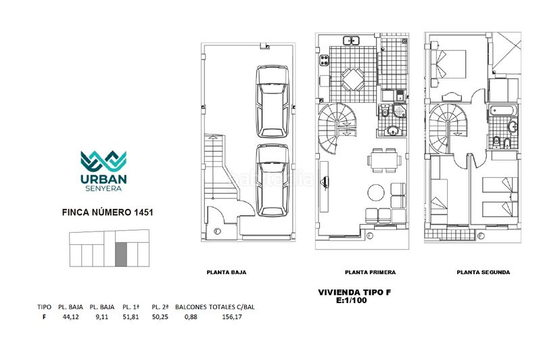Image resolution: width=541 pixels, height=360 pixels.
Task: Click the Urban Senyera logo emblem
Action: [x=103, y=161]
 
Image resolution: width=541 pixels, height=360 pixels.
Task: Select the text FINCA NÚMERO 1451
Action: [x=108, y=212]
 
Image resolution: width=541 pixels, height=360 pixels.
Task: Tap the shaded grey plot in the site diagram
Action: [x=121, y=254]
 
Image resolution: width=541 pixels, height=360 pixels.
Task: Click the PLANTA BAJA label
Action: [x=227, y=272]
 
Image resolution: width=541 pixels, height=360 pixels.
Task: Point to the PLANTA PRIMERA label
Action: [x=370, y=272]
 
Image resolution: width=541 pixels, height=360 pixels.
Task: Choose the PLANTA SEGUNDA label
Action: [x=484, y=272]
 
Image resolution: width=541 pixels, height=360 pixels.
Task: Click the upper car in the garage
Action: [x=273, y=102]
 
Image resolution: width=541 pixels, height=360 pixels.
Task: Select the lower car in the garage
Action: [x=273, y=180]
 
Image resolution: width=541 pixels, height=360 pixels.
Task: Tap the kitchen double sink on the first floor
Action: [x=352, y=41]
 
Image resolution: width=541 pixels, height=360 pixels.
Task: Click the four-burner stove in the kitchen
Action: [x=324, y=60]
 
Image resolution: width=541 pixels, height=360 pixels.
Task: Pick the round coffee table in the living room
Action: [x=376, y=192]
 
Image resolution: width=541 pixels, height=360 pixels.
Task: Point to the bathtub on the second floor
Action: [x=502, y=111]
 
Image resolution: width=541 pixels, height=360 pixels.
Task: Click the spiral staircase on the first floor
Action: [x=337, y=129]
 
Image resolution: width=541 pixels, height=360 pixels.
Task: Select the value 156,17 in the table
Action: [x=232, y=317]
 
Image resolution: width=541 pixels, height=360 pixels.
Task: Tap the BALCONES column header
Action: [x=191, y=307]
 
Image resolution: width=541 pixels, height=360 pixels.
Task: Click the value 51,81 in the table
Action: [x=131, y=317]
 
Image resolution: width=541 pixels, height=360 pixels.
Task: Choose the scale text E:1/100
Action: [x=352, y=300]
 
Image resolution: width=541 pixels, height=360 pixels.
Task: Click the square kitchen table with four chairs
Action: [x=352, y=79]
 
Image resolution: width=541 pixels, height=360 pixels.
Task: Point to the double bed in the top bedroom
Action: [x=447, y=64]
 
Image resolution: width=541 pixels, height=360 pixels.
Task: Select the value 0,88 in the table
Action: [x=191, y=317]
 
